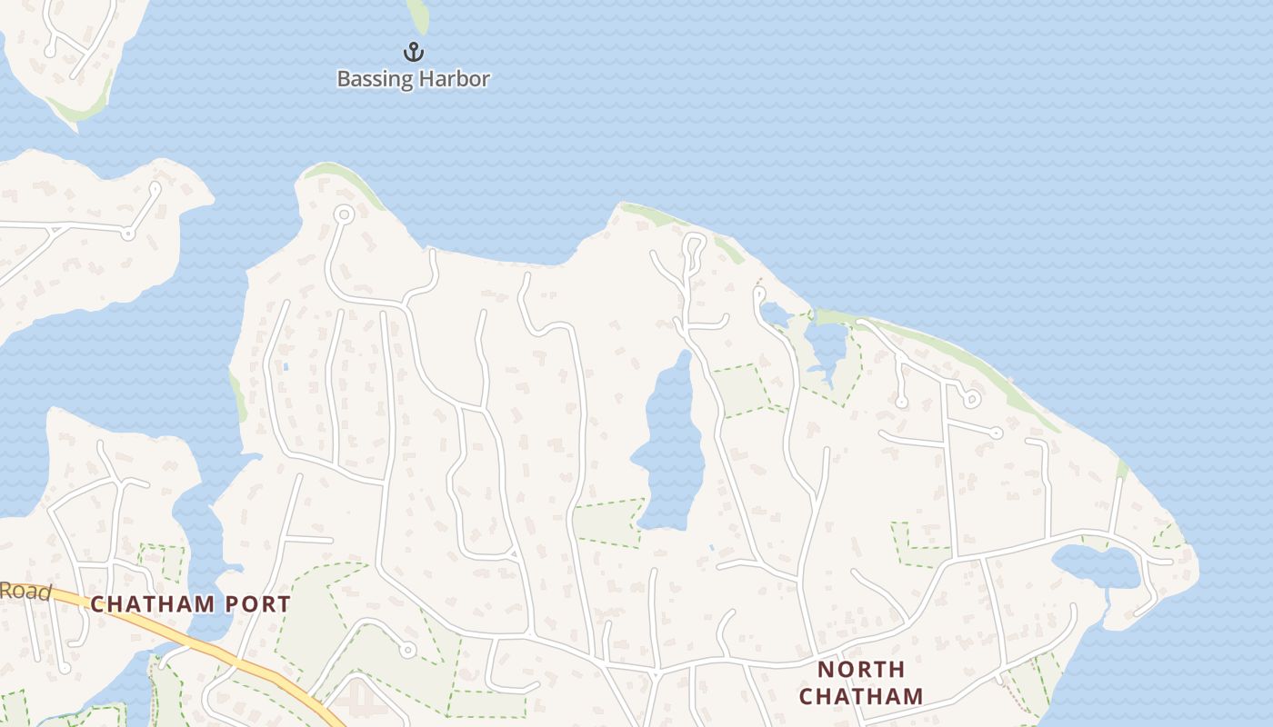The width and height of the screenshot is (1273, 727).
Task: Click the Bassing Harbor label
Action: click(x=414, y=79)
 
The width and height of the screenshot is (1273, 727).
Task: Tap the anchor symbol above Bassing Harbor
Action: click(x=414, y=52)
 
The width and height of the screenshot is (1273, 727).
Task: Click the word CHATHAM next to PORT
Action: click(x=153, y=604)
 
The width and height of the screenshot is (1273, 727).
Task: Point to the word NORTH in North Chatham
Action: click(x=861, y=671)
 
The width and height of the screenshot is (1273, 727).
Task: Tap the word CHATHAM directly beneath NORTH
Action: click(x=861, y=697)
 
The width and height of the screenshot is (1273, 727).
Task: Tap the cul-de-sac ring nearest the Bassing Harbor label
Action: click(x=344, y=214)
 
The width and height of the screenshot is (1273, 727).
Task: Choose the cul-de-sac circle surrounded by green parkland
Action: click(x=408, y=649)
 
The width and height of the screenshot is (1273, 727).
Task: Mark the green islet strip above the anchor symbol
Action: click(x=417, y=14)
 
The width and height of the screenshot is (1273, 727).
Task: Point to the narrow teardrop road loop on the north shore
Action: click(x=694, y=250)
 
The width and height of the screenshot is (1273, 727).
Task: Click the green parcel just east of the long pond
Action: click(x=741, y=389)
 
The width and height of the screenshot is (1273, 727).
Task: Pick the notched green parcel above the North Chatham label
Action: click(x=918, y=543)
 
